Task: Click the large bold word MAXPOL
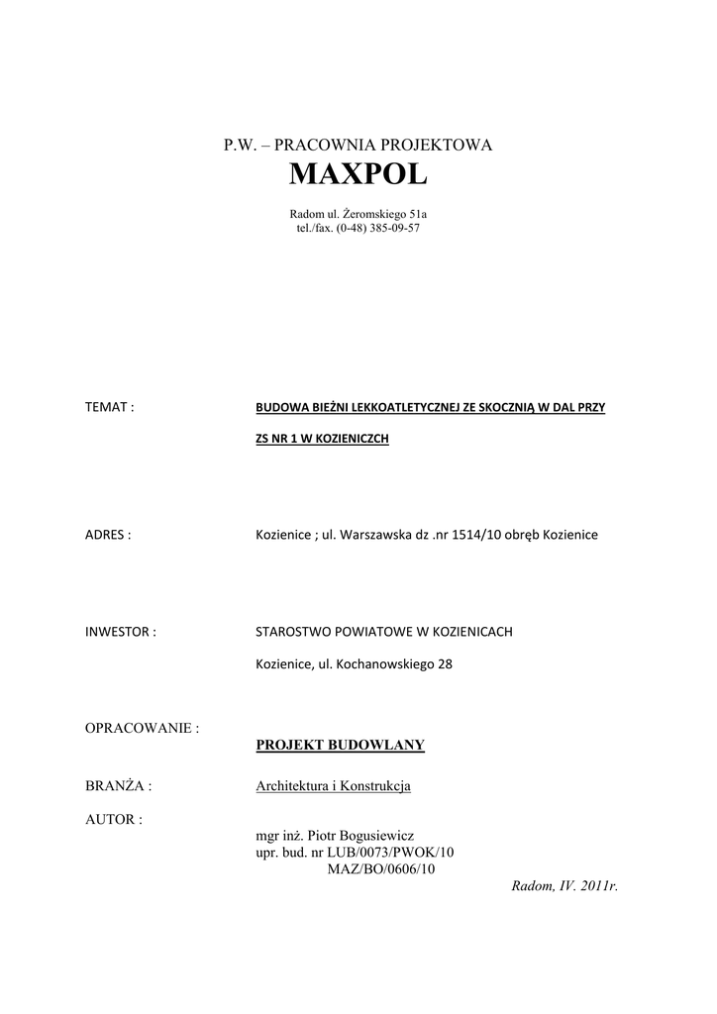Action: (358, 175)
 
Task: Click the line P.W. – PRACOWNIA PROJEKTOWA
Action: (358, 145)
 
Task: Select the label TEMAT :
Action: (110, 407)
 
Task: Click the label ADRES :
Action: (109, 535)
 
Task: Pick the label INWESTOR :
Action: (121, 632)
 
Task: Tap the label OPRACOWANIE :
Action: (143, 728)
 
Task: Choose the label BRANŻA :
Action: (119, 786)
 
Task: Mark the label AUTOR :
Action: (114, 820)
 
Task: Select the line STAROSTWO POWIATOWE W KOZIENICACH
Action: (384, 632)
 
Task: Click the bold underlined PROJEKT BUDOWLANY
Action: (340, 745)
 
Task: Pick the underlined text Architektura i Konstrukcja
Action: (333, 786)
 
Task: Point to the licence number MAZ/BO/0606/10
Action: (380, 868)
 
